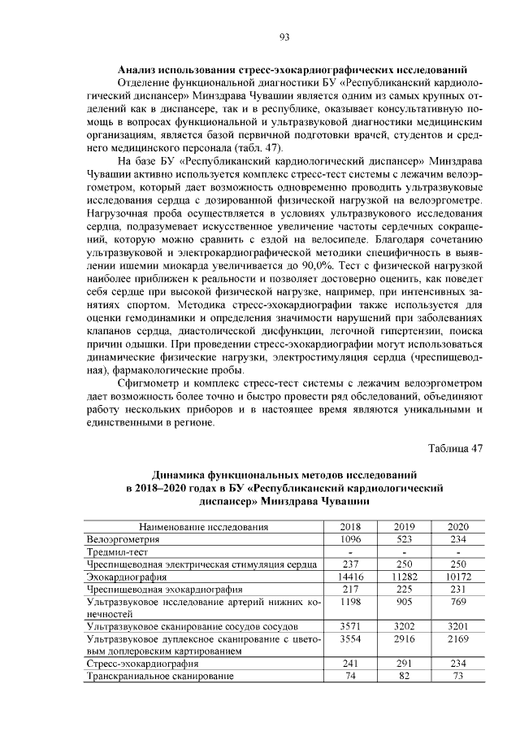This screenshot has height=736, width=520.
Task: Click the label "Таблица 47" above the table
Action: [x=455, y=449]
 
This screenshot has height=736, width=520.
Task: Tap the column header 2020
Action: [x=458, y=527]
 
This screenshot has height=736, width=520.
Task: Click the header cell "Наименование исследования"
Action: [x=204, y=527]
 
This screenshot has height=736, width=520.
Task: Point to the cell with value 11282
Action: [x=404, y=575]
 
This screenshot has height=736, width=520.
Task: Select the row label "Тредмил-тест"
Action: [x=118, y=551]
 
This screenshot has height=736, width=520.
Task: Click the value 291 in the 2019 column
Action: [x=404, y=664]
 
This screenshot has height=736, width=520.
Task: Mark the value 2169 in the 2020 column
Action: [x=458, y=640]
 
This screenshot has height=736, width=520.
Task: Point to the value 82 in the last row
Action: [x=404, y=676]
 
